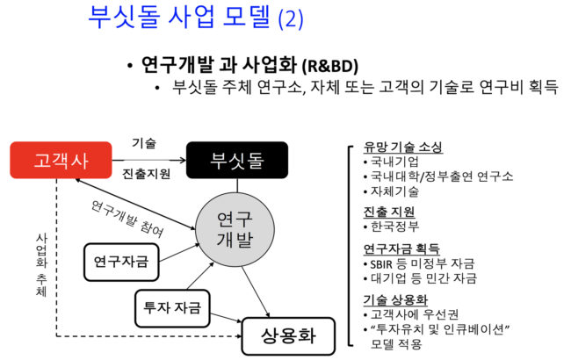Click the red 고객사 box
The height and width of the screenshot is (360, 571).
pos(61,162)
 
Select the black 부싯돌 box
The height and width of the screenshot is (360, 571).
pos(236,162)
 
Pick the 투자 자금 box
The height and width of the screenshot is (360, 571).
pos(172,307)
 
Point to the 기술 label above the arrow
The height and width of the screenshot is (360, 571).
pos(144,143)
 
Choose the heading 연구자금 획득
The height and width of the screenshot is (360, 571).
pos(401,248)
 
